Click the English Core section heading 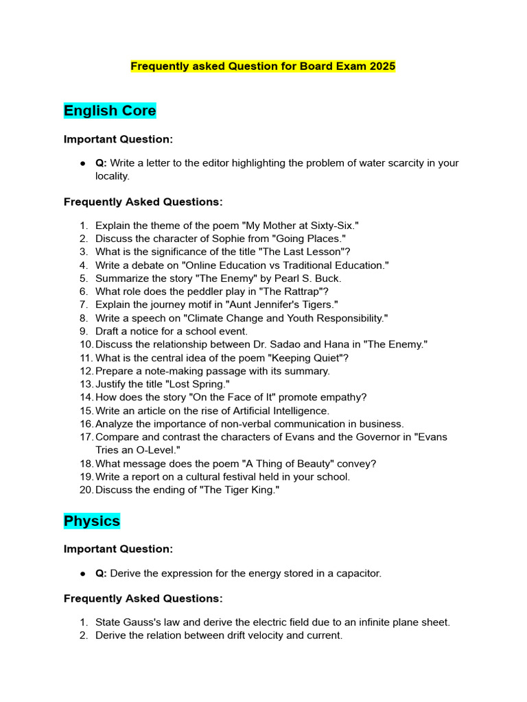click(x=110, y=110)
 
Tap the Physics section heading click(x=92, y=521)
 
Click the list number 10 click(x=85, y=344)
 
